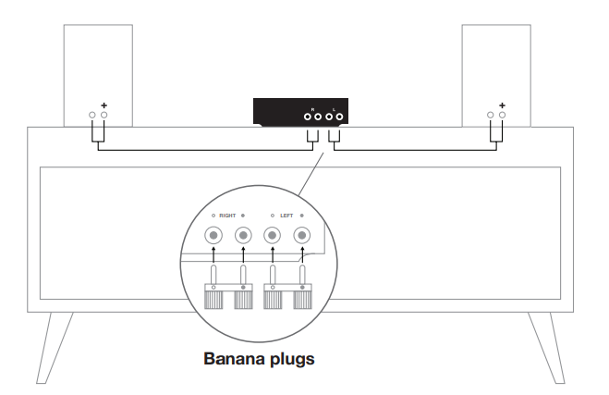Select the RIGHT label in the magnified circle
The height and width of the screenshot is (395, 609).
227,216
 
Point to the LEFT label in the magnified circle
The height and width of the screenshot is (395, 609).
286,216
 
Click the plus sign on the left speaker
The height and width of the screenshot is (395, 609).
104,105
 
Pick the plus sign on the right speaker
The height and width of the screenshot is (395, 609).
502,105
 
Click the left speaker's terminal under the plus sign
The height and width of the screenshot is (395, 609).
104,115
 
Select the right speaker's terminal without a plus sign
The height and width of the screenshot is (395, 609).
490,115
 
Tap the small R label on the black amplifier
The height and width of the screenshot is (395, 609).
312,110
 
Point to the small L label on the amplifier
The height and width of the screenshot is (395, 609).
334,110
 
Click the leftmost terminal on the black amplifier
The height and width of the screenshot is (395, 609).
307,117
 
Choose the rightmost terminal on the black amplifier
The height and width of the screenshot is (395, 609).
339,117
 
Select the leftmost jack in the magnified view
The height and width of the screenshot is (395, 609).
213,236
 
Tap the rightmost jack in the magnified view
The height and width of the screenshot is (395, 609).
302,236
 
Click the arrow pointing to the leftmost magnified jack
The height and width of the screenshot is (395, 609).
213,254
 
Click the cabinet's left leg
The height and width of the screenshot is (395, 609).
55,348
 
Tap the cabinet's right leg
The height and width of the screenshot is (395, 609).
546,348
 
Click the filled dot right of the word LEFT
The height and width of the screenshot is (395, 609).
302,216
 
